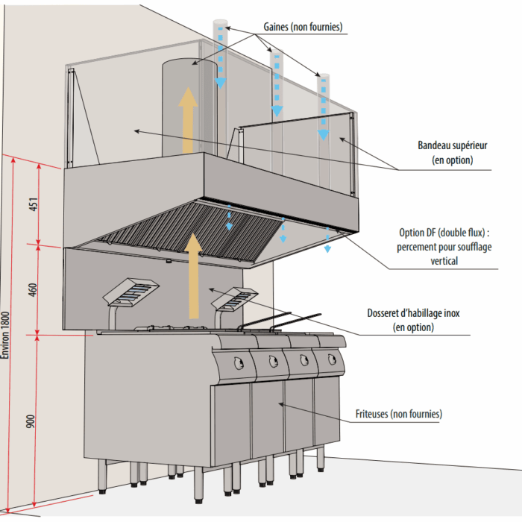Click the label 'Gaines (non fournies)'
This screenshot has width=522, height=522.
tap(303, 27)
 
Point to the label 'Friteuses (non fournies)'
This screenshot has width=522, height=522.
tap(399, 413)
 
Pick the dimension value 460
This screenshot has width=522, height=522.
tap(32, 289)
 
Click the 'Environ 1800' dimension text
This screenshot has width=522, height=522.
tap(7, 336)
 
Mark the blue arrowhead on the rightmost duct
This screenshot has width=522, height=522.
tap(323, 134)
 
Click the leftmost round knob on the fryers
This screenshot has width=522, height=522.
tap(238, 363)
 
